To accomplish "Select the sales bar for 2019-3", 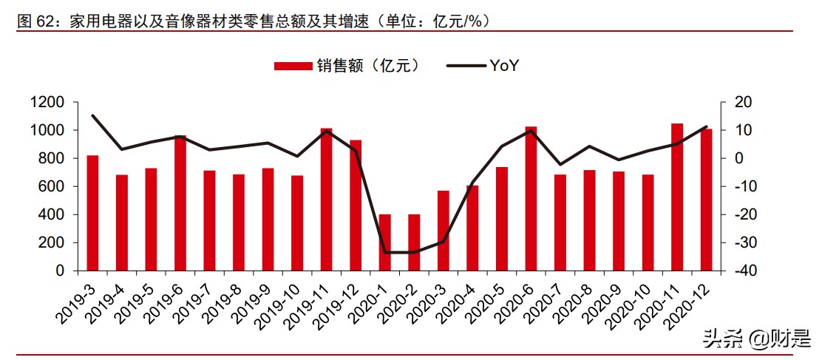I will (x=92, y=213).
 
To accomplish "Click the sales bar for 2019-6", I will (x=180, y=203).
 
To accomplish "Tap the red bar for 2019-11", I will (x=327, y=200).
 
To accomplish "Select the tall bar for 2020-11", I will (x=677, y=197).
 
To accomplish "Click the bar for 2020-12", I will (x=706, y=200).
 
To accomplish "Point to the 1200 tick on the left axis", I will (x=50, y=102).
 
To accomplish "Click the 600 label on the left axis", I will (x=54, y=186).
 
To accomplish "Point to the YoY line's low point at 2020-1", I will (x=385, y=253).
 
